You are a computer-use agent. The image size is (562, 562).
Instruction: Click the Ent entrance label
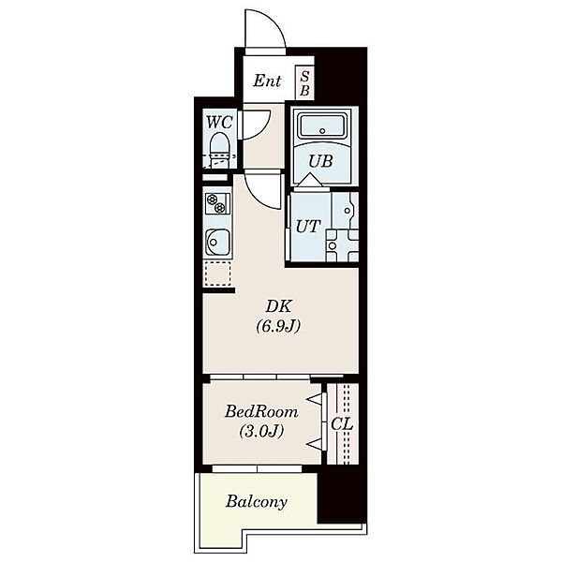(267, 81)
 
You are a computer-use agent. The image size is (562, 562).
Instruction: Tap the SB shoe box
(304, 82)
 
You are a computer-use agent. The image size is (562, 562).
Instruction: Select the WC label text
(220, 123)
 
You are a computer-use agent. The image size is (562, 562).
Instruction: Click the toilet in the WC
(219, 151)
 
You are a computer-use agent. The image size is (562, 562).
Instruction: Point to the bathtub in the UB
(322, 126)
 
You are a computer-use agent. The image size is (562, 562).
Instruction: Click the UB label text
(320, 161)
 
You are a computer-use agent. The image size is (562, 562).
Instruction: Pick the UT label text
(307, 227)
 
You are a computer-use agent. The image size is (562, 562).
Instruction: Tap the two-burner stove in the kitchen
(217, 203)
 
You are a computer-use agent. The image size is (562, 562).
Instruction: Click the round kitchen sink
(217, 243)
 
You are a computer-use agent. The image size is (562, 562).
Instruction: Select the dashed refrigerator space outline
(217, 274)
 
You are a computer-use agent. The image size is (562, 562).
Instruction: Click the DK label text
(278, 306)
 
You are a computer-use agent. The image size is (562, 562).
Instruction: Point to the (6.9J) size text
(278, 326)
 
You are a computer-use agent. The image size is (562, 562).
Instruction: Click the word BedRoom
(261, 412)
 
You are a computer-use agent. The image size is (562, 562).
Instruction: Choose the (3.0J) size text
(261, 431)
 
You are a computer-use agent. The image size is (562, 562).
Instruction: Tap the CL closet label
(342, 424)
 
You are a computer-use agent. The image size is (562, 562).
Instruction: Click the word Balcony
(257, 502)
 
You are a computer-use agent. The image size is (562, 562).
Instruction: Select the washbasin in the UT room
(346, 211)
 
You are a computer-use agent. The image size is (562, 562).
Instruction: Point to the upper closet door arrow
(314, 399)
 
